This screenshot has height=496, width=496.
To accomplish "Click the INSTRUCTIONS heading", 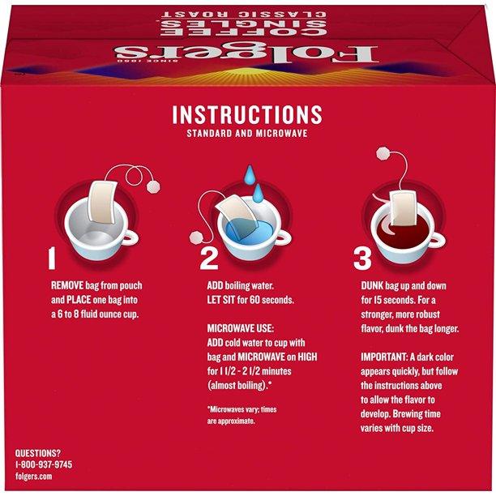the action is [247, 114].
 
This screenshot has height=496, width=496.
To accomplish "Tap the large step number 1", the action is [52, 259].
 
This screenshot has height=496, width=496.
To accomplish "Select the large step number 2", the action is [209, 259].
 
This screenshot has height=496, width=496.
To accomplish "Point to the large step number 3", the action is [362, 259].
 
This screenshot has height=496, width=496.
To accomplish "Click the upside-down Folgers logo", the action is [246, 54].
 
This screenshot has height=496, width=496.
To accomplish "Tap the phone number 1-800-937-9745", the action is [44, 464].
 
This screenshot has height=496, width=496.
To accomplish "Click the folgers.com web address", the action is [34, 477].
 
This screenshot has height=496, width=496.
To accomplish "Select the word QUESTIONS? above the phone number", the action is [37, 453].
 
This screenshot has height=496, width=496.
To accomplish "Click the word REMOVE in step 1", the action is [67, 285].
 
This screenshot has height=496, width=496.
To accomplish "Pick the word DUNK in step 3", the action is [372, 285].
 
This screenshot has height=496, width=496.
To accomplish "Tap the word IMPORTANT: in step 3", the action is [384, 357].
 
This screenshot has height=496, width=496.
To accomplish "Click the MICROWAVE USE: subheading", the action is [241, 328].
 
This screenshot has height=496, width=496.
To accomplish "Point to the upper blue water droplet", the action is [250, 174].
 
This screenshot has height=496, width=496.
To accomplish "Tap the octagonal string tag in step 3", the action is [383, 154].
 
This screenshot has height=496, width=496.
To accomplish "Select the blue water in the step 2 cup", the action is [250, 233].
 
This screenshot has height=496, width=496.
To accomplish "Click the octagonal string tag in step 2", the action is [197, 237].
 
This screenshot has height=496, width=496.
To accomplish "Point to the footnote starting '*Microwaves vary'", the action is [242, 415].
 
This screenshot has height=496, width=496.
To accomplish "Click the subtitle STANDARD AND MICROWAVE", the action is [247, 133].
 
